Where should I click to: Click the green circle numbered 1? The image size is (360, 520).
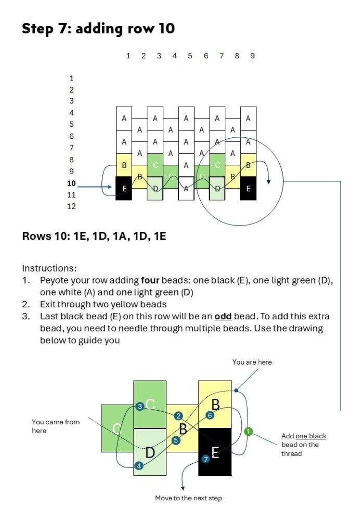pos(248,431)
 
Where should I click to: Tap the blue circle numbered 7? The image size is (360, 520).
pos(205,459)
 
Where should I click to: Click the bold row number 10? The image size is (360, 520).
pos(71,183)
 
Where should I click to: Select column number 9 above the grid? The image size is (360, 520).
pos(252,56)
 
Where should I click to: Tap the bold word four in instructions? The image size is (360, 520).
pos(150,280)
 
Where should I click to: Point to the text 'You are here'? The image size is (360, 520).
pos(252,362)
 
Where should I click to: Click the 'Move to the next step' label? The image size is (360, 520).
pos(188,498)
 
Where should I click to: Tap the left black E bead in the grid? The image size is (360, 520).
pos(124,189)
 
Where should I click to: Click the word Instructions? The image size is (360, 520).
pos(49,268)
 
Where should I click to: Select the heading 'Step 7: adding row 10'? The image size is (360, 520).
pos(98,29)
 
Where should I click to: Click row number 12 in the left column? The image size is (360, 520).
pos(71,206)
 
